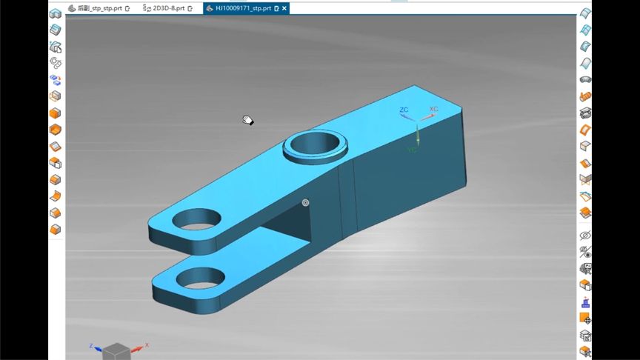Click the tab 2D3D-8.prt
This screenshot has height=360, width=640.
pos(164,8)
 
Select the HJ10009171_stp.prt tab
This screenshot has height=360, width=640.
pos(242,8)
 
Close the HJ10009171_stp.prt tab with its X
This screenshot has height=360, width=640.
pos(285,8)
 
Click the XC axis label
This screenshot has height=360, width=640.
pos(433,110)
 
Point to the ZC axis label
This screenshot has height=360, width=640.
pos(404,110)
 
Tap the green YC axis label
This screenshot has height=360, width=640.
pos(412,150)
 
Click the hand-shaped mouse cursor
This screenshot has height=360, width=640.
pos(248,120)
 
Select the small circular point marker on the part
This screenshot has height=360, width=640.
pos(305,202)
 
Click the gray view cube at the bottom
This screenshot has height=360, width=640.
pos(116,351)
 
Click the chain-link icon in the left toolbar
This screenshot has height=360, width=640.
pos(55,63)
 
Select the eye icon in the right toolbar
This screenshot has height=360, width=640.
pos(584,236)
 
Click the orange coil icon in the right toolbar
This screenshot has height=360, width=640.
pos(584,97)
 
